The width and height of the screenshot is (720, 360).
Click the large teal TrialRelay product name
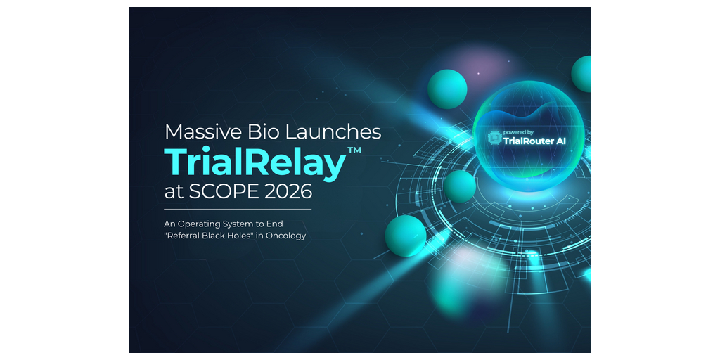tap(255, 162)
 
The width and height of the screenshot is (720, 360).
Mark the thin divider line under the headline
tap(238, 209)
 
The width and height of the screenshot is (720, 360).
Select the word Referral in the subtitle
tap(186, 236)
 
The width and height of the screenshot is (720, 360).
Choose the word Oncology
tap(286, 236)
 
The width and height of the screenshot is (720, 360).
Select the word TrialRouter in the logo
tap(529, 141)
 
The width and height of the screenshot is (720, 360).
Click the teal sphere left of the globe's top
tap(447, 89)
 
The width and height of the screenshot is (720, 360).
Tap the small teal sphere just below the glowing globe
tap(460, 186)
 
